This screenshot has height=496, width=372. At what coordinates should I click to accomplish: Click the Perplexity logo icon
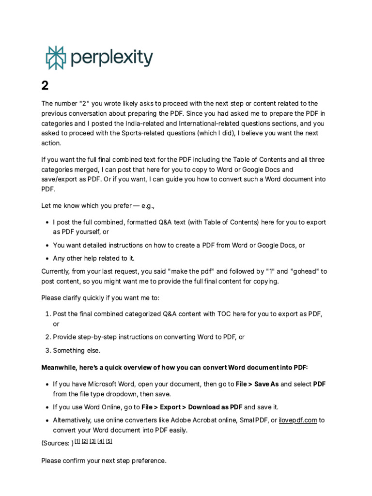point(55,58)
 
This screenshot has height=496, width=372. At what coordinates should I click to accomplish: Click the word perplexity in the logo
point(111,58)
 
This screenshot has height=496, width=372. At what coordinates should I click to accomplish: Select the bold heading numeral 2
point(45,86)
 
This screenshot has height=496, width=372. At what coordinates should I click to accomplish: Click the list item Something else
point(77,350)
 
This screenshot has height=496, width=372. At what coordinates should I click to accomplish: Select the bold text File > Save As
point(257,384)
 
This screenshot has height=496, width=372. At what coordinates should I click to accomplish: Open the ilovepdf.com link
point(297,420)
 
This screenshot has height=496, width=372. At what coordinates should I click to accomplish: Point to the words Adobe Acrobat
point(184,420)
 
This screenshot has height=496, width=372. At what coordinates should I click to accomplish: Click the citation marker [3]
point(93,441)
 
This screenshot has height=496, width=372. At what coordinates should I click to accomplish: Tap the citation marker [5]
point(109,441)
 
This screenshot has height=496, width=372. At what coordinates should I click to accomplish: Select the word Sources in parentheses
point(56,443)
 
